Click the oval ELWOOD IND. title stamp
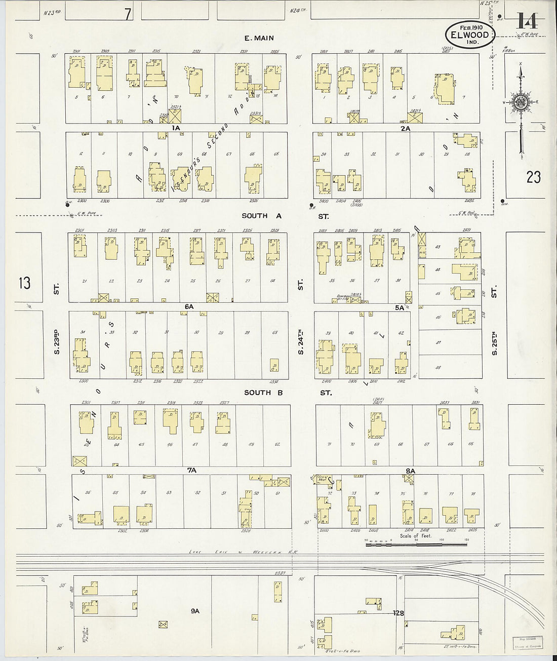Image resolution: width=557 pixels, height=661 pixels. (x=467, y=35)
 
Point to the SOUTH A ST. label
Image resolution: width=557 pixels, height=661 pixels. (x=285, y=216)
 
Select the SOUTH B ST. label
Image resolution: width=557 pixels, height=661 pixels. (x=287, y=393)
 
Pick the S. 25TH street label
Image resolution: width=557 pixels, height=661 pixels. (x=495, y=342)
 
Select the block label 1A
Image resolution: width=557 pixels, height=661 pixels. (x=176, y=128)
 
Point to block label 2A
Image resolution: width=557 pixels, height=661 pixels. (x=405, y=128)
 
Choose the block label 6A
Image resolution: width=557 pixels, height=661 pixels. (x=189, y=306)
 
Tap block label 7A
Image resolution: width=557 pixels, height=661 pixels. (x=191, y=471)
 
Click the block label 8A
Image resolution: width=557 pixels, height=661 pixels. (x=410, y=471)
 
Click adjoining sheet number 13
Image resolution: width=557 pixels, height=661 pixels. (x=24, y=282)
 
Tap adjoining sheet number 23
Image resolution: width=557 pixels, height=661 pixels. (x=533, y=176)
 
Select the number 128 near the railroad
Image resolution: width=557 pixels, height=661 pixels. (x=399, y=613)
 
